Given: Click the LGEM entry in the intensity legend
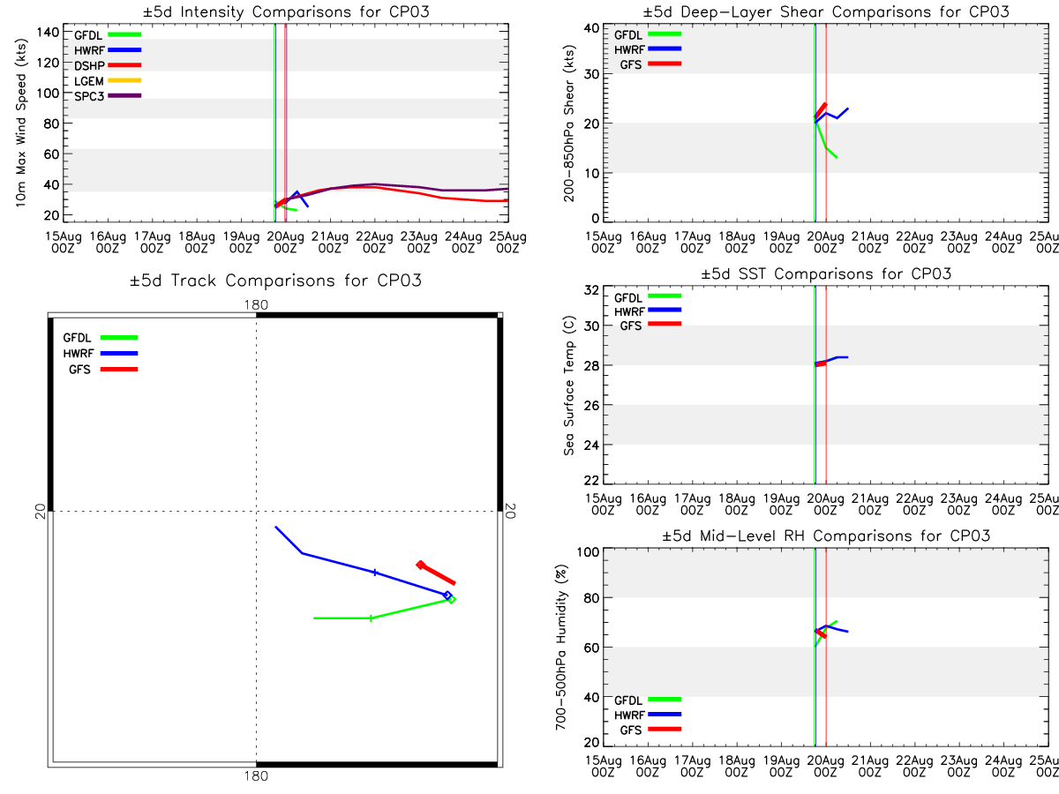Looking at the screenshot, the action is click(x=108, y=81).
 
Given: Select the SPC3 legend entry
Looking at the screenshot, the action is click(x=108, y=96).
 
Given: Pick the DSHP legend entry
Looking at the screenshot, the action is click(x=108, y=65).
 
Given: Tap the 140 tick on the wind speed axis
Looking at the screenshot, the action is click(x=48, y=33).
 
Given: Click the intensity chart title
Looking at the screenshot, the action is click(x=286, y=11).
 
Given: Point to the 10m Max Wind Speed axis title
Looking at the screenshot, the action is click(x=21, y=123).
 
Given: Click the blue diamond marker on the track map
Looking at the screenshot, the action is click(x=447, y=595).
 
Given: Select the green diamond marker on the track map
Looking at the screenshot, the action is click(x=451, y=600).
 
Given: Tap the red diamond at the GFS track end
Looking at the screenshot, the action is click(x=420, y=565).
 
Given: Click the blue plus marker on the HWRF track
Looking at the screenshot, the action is click(x=375, y=573).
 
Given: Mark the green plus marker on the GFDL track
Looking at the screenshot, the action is click(x=371, y=618).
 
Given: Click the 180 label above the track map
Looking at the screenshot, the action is click(x=256, y=304).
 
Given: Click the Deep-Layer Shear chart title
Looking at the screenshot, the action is click(x=825, y=11).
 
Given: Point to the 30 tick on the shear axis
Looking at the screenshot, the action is click(x=591, y=74).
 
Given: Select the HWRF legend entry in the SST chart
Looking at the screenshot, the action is click(x=648, y=311).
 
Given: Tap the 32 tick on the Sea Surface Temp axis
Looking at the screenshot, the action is click(x=591, y=290).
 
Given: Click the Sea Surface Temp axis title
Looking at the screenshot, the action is click(x=569, y=386).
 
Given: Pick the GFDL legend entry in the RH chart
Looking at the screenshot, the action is click(x=648, y=700).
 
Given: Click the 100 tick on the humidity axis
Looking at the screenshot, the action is click(x=588, y=551).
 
